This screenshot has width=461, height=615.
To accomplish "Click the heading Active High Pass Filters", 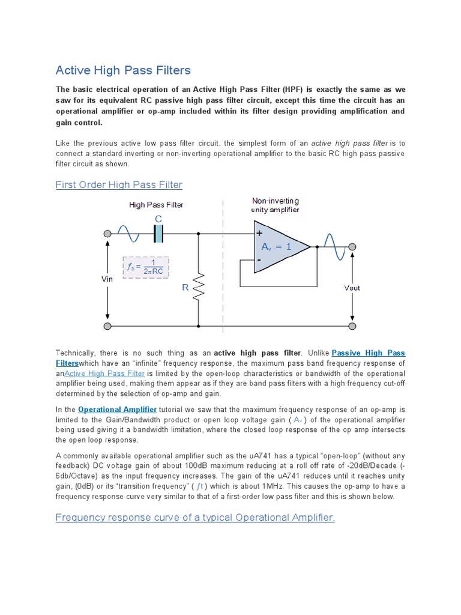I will click(x=123, y=70).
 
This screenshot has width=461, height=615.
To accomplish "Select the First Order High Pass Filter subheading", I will click(x=119, y=184).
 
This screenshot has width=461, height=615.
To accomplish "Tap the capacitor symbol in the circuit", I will click(x=158, y=234).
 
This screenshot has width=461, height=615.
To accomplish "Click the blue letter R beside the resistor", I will click(x=185, y=288).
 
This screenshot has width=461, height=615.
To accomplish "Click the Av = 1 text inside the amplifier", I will click(x=276, y=246).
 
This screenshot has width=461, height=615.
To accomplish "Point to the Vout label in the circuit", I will click(x=352, y=288).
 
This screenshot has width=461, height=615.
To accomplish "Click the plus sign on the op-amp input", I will click(x=259, y=233).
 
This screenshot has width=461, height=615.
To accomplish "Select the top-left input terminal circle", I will click(x=107, y=234).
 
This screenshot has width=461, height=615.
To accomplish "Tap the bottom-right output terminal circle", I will click(x=352, y=327).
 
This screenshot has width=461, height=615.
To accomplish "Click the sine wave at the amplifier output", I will click(x=333, y=246).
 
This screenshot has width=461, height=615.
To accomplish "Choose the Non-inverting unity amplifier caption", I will click(x=276, y=205).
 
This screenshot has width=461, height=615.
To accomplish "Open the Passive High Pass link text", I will click(x=368, y=353).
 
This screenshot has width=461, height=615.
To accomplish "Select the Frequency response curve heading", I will click(x=195, y=517).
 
